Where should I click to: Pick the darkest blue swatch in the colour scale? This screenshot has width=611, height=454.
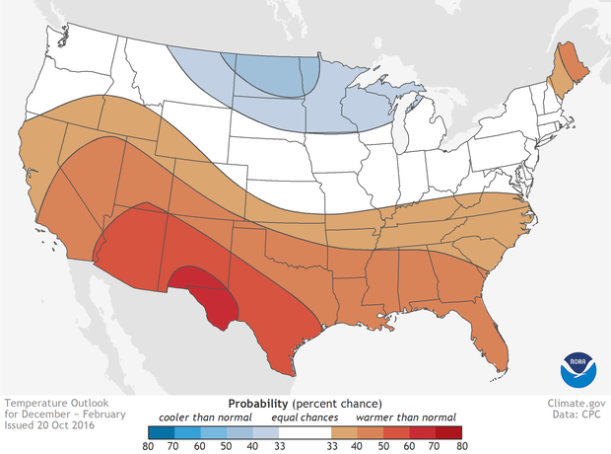click(162, 431)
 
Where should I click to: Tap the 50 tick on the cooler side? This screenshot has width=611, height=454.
click(227, 446)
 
